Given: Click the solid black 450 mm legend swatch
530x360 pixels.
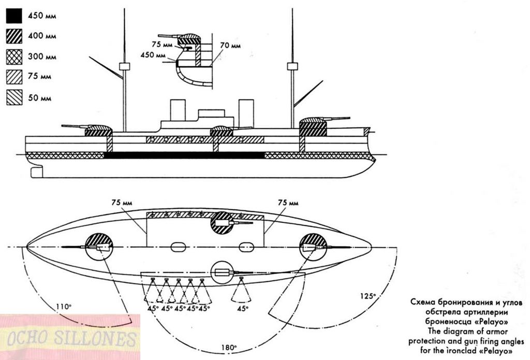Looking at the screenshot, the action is [14, 16].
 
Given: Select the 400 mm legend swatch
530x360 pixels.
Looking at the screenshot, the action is [14, 36].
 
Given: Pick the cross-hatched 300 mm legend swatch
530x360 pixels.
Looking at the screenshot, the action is [14, 56].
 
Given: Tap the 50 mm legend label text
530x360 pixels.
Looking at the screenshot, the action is [39, 98].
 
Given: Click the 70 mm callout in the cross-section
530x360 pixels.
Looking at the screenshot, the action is [230, 46].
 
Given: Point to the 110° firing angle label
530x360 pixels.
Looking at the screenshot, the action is [64, 307].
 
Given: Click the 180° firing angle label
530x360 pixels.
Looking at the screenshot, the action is [228, 348].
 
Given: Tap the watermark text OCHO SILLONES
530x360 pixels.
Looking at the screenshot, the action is [71, 339].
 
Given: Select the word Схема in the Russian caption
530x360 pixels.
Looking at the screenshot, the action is [422, 302].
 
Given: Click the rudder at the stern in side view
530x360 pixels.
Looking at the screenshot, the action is [37, 172].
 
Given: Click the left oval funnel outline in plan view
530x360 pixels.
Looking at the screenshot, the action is [178, 247].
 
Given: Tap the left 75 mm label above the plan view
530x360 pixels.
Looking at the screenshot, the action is [122, 203].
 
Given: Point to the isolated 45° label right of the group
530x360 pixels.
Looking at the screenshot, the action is [242, 308].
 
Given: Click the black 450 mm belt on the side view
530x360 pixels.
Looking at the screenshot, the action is [184, 155].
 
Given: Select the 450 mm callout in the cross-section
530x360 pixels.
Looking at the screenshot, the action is [153, 55].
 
